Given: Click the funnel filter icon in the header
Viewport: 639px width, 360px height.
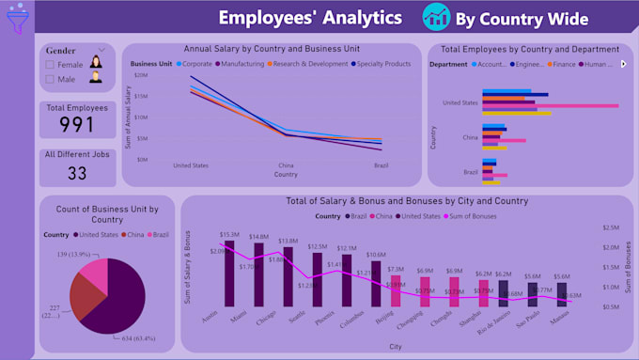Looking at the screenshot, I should tap(17, 21).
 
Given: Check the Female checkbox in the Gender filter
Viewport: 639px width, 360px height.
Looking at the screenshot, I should tap(50, 65).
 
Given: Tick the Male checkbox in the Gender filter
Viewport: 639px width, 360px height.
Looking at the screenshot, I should tap(50, 80).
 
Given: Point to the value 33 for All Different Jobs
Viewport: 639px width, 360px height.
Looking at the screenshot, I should tap(77, 173).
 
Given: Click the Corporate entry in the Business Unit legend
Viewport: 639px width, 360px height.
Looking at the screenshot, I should tap(195, 64).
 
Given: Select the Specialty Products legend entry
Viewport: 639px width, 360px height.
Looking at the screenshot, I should tap(383, 64).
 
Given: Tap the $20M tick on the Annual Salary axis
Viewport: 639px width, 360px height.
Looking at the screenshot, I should tap(140, 75).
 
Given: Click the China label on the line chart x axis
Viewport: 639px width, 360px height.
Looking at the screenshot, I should tap(286, 164).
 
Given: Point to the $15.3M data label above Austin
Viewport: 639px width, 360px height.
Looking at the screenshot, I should tap(229, 235).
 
